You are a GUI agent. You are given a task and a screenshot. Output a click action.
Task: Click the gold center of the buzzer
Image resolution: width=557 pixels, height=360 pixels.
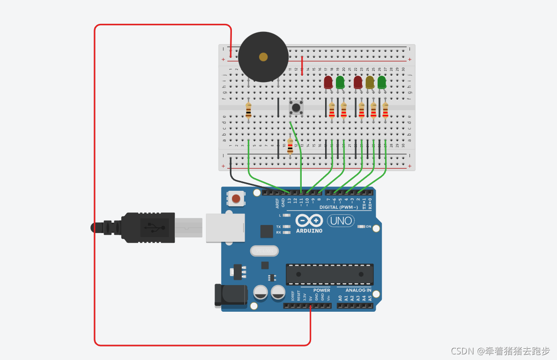pyautogui.click(x=263, y=57)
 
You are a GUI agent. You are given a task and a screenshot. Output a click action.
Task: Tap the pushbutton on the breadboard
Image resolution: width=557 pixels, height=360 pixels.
pyautogui.click(x=296, y=107)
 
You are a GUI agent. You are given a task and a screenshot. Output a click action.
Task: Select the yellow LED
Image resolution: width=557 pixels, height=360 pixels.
pyautogui.click(x=370, y=82)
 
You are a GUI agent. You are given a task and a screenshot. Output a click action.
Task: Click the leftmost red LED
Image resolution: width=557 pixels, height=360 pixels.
pyautogui.click(x=328, y=82)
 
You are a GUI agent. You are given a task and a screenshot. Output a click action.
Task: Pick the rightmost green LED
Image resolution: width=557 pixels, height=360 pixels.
pyautogui.click(x=382, y=82)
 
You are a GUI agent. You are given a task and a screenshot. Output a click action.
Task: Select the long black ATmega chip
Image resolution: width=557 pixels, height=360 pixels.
pyautogui.click(x=330, y=274)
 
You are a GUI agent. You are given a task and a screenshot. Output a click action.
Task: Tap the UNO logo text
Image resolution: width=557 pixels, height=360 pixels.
pyautogui.click(x=341, y=220)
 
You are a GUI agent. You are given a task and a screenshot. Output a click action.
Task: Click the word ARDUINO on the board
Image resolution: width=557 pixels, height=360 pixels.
pyautogui.click(x=309, y=231)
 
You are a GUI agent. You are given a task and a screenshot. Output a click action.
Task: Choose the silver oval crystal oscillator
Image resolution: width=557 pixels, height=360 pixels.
pyautogui.click(x=265, y=251)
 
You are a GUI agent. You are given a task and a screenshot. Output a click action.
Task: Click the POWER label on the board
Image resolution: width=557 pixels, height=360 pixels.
pyautogui.click(x=322, y=291)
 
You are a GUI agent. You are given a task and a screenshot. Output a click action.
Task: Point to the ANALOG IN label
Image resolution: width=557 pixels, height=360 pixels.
pyautogui.click(x=358, y=291)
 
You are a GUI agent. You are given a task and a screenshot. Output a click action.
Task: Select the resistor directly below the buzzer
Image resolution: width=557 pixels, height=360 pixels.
pyautogui.click(x=248, y=110)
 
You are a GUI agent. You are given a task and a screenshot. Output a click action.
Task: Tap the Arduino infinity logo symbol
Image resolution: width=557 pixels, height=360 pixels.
pyautogui.click(x=309, y=220)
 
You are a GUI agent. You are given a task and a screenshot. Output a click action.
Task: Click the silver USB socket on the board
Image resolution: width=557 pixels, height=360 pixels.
pyautogui.click(x=225, y=227)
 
